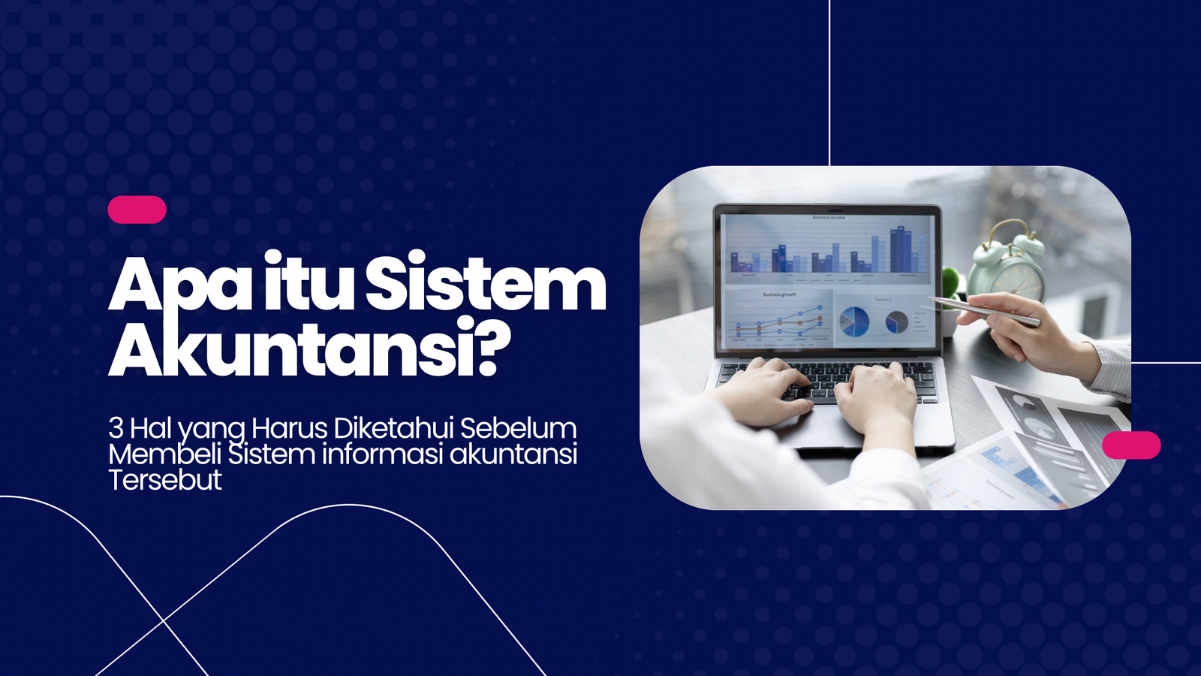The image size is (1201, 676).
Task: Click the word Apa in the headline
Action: [x=180, y=285]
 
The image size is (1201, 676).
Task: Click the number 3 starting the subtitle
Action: [x=116, y=428]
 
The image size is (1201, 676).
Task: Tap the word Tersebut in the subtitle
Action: [x=165, y=480]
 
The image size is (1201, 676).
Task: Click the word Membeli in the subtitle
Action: [x=164, y=454]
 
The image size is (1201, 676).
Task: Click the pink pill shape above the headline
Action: [x=137, y=210]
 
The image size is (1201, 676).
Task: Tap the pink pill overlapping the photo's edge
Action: [x=1131, y=445]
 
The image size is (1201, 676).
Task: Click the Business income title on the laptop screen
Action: [x=828, y=218]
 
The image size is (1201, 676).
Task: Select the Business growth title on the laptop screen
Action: [x=779, y=294]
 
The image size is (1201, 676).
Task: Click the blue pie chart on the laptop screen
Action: [x=854, y=321]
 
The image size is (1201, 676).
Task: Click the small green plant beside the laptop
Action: [x=952, y=285]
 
